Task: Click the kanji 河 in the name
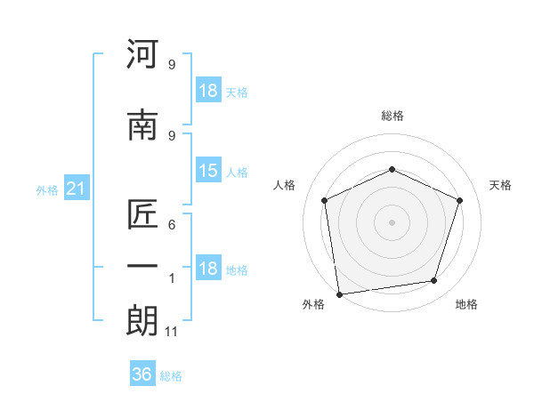142,53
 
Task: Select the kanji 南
142,125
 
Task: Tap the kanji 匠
142,213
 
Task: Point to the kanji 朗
142,320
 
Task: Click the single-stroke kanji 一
142,265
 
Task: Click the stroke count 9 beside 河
172,64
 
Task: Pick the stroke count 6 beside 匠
172,225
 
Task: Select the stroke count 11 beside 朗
171,332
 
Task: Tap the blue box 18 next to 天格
208,90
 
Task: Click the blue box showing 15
208,170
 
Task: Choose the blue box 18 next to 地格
208,267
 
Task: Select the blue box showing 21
77,188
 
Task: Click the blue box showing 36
142,373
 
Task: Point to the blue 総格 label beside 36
171,376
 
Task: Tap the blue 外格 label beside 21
47,190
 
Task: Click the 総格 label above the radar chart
392,116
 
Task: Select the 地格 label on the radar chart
466,304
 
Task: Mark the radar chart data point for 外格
340,294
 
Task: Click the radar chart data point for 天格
459,200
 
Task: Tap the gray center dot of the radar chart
392,222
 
